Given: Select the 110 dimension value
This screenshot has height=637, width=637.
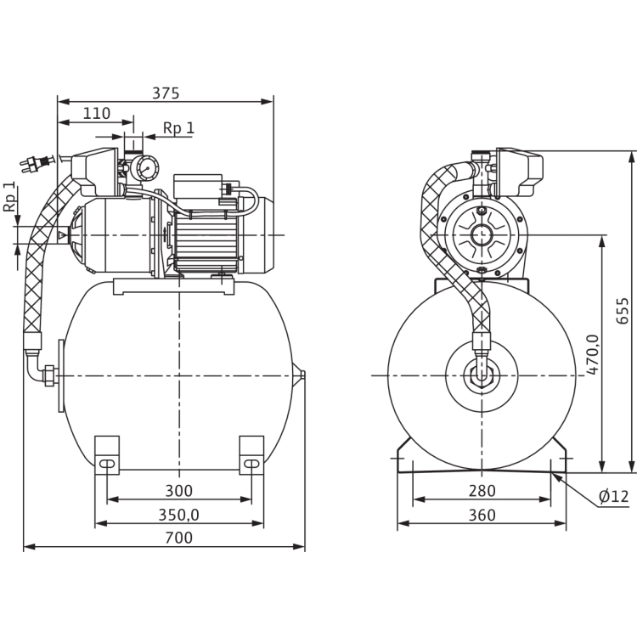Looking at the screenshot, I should coord(98,112).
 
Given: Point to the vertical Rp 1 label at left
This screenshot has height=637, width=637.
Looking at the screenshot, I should coord(9,198).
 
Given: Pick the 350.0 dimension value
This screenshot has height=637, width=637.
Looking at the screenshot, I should coord(179,515).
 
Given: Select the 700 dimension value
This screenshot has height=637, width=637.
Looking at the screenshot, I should coord(179,538).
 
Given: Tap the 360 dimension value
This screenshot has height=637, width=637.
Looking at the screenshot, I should coord(482,515).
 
